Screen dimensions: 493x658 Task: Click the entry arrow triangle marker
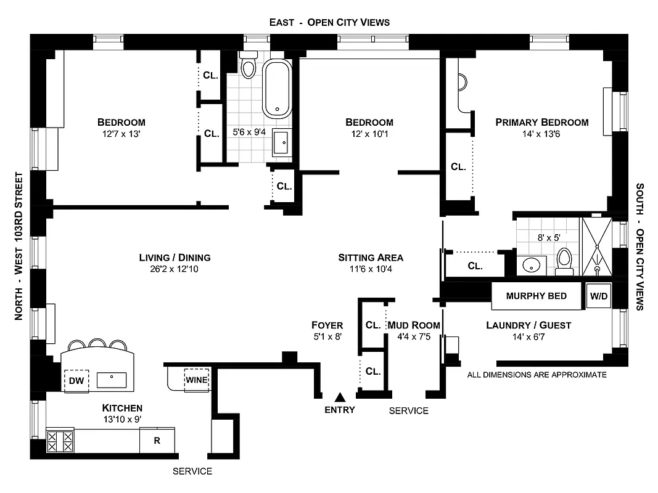[x=339, y=397]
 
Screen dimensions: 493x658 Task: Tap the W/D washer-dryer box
[x=599, y=296]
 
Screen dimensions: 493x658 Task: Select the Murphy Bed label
[x=537, y=296]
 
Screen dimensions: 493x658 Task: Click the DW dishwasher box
[x=77, y=380]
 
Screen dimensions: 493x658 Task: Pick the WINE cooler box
[x=197, y=379]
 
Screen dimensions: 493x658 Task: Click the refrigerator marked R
[x=157, y=441]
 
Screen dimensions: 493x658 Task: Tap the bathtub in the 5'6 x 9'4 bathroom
[x=277, y=89]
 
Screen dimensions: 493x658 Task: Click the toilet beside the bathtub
[x=249, y=65]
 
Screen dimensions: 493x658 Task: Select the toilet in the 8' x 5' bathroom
[x=564, y=262]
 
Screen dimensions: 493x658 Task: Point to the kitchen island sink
[x=112, y=378]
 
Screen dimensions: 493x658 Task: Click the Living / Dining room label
[x=175, y=258]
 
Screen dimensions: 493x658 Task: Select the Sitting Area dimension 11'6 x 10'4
[x=370, y=269]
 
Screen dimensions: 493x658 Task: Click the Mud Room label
[x=418, y=325]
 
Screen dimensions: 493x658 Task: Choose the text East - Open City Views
[x=329, y=22]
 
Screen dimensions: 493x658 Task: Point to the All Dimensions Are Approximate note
[x=537, y=375]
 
